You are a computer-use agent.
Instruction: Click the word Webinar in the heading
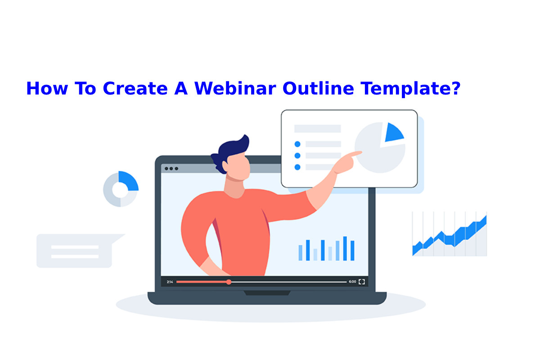[235, 88]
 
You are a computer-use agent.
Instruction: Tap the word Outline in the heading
[318, 88]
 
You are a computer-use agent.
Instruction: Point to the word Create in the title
[135, 88]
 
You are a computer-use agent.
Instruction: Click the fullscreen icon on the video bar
[362, 282]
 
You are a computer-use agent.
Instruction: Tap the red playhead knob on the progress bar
[229, 282]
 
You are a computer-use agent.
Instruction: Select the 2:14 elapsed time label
[170, 282]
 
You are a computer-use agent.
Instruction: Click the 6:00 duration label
[352, 282]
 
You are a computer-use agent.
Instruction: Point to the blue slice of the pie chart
[393, 133]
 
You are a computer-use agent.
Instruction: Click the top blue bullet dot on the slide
[297, 144]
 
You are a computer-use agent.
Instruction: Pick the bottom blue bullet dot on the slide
[297, 167]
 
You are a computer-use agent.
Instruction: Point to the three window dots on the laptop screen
[171, 169]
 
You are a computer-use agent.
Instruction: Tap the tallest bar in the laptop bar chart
[345, 248]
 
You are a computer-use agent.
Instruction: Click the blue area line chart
[450, 234]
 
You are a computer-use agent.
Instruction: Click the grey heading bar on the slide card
[318, 129]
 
